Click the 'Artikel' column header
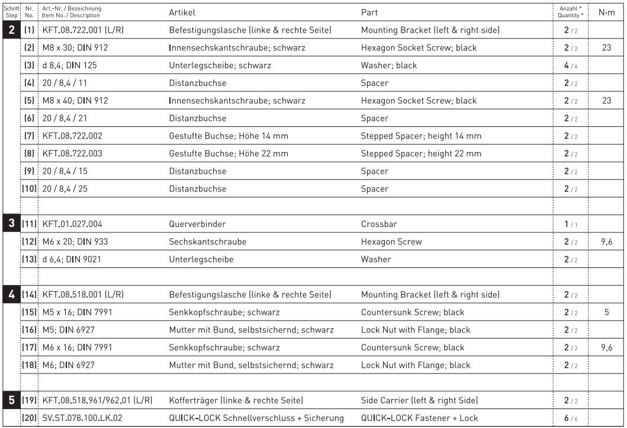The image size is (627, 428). [x=182, y=12]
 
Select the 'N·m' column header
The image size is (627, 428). [x=606, y=12]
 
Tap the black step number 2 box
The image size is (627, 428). [x=11, y=30]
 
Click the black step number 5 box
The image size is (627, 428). [x=11, y=400]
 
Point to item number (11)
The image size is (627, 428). [x=30, y=224]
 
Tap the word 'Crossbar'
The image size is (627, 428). [x=379, y=224]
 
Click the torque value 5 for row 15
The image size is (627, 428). [x=606, y=312]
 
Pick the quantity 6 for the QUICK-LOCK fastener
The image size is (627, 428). [x=567, y=418]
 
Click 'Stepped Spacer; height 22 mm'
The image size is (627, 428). [x=421, y=154]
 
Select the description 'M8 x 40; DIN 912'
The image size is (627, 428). [x=75, y=101]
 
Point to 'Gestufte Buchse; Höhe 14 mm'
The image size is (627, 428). [x=229, y=136]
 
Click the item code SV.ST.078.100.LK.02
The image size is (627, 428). [x=82, y=418]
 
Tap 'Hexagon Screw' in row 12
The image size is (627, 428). [x=391, y=242]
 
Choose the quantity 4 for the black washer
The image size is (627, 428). [x=567, y=65]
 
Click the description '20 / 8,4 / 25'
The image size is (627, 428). [x=66, y=189]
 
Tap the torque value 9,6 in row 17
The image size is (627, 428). [x=606, y=347]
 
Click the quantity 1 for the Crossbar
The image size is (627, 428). [x=567, y=224]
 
